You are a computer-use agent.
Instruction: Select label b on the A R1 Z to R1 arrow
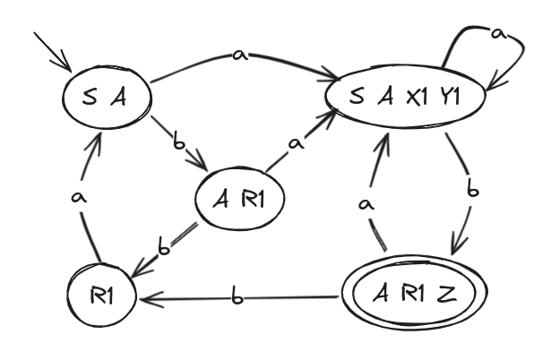236,297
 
